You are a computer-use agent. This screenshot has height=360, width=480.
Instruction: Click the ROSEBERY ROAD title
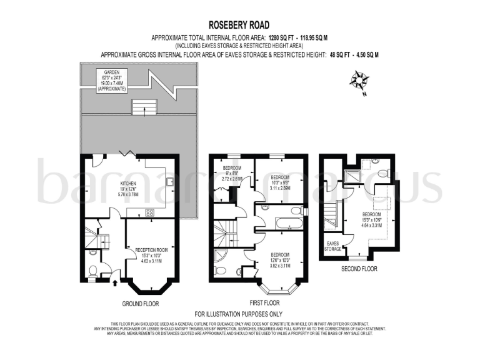click(x=239, y=25)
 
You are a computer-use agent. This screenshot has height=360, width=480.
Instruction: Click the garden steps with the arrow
click(x=144, y=107)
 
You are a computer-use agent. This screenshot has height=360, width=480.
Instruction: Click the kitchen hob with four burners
click(x=150, y=212)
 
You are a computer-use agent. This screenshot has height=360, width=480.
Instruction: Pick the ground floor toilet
click(x=93, y=271)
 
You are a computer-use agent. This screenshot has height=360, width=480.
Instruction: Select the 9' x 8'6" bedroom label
click(x=232, y=173)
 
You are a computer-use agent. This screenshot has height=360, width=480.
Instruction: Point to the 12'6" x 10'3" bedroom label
click(x=279, y=259)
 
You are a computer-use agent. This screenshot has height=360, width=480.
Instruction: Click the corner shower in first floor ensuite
click(x=219, y=256)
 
